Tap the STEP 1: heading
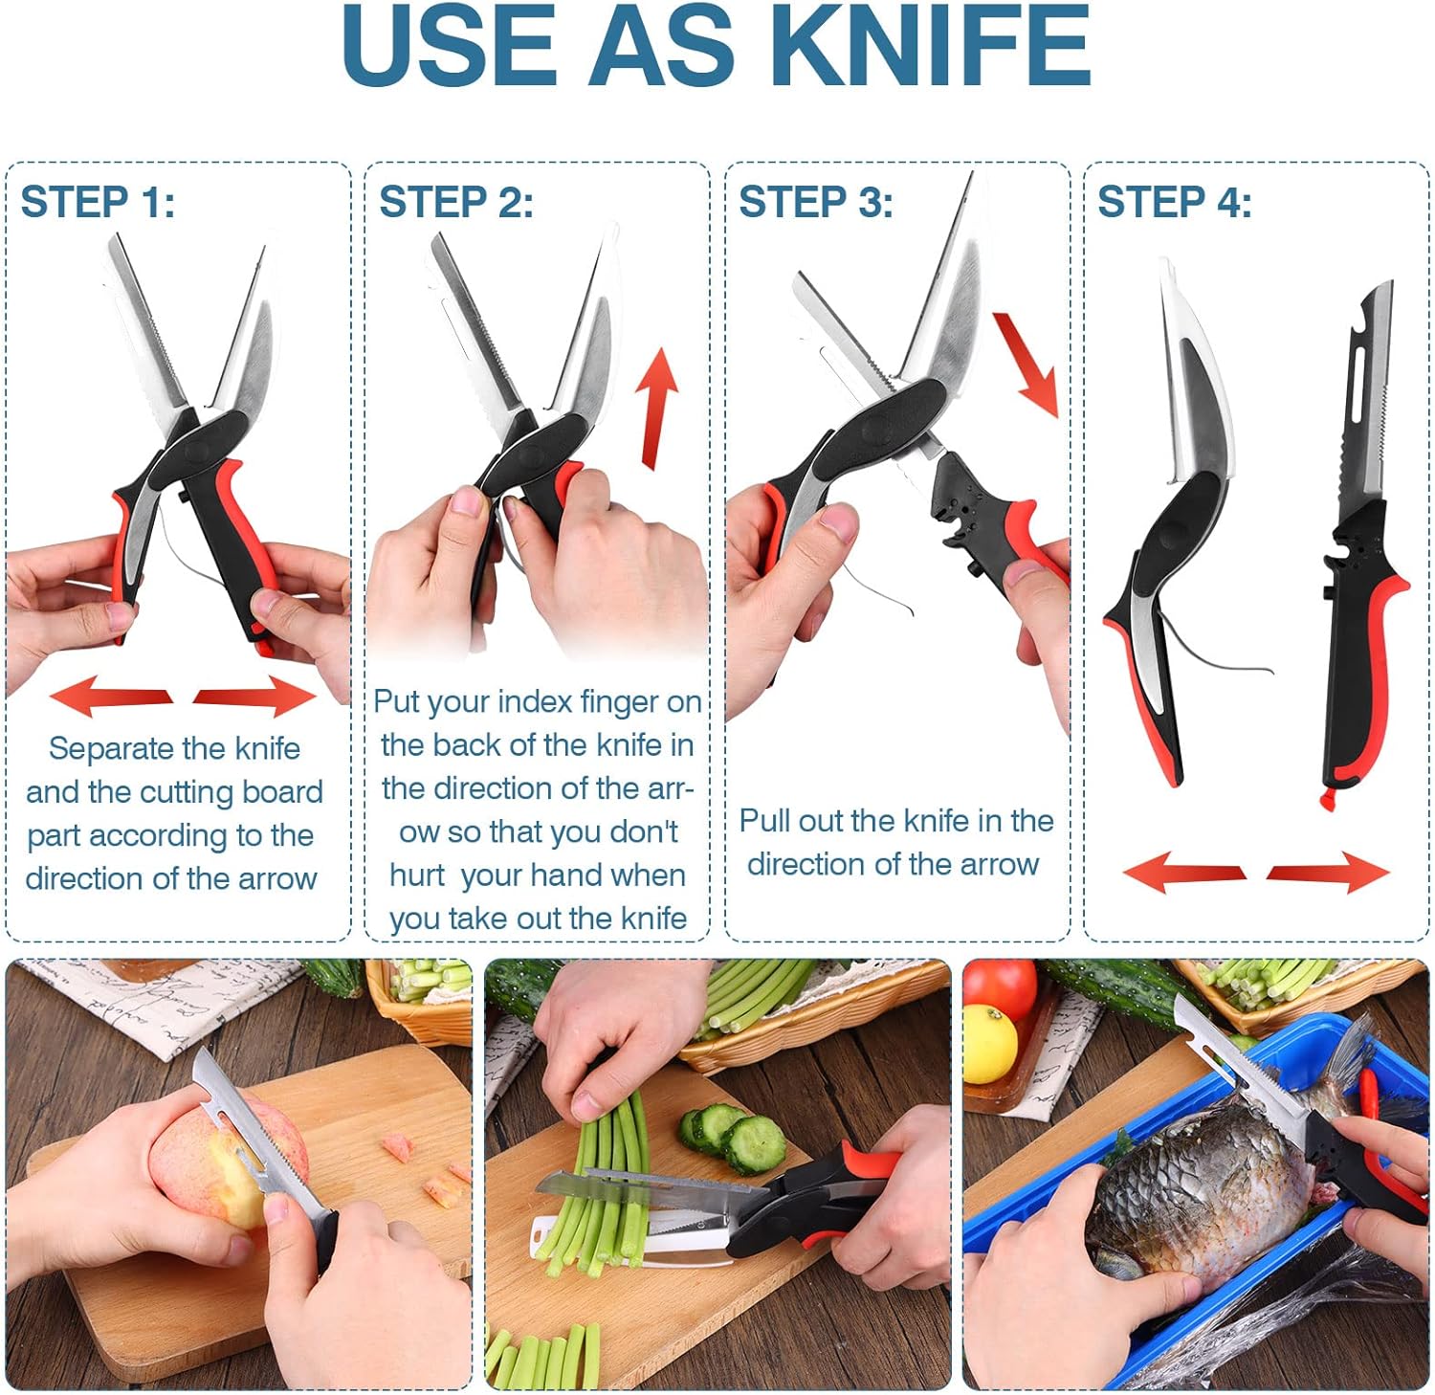[98, 202]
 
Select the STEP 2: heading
[456, 202]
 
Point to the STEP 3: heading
[816, 202]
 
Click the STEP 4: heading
[1175, 202]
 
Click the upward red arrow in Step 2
[657, 408]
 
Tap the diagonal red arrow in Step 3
[1027, 364]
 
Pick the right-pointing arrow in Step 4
[1328, 872]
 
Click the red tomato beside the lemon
[1001, 988]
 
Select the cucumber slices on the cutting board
[735, 1137]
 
